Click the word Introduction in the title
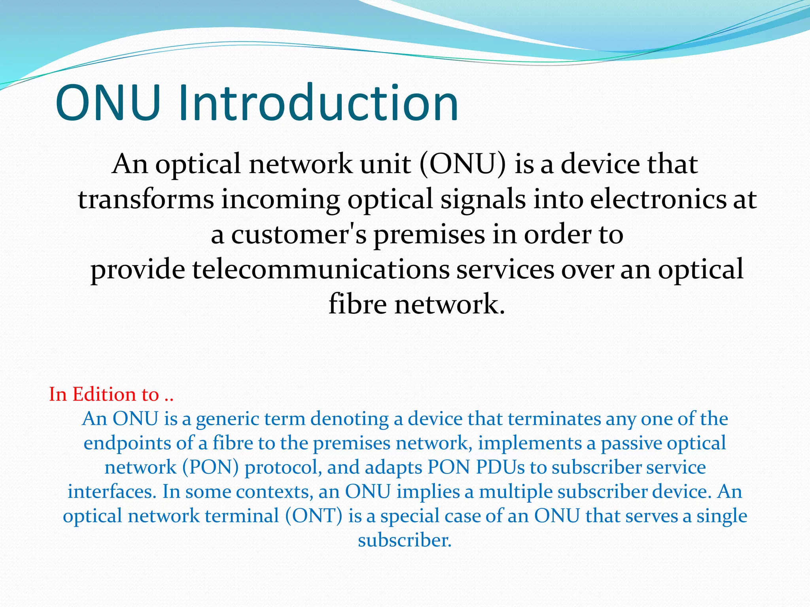[x=318, y=104]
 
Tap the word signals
[x=483, y=200]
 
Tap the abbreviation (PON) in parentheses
[x=210, y=468]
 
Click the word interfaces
[x=110, y=492]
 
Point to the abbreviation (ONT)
[x=314, y=516]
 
